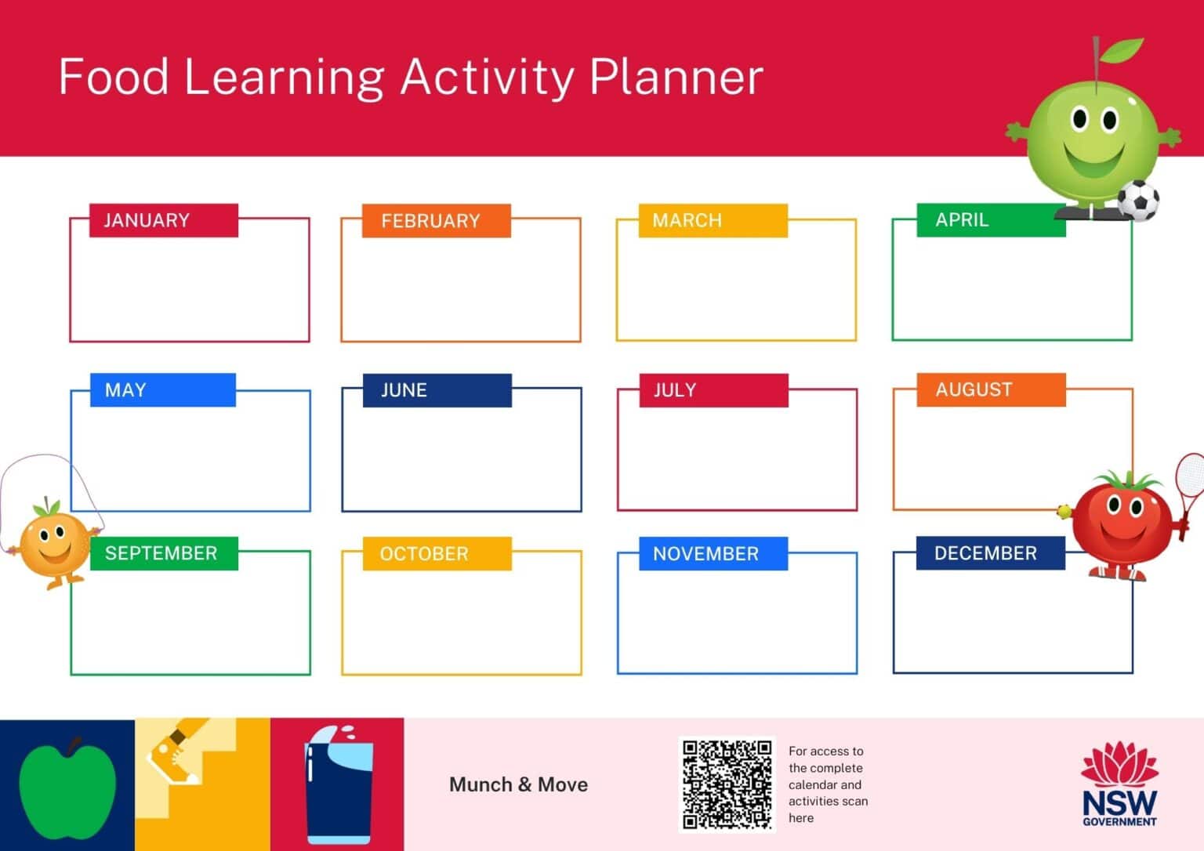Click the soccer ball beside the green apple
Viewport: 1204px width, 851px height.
click(1138, 201)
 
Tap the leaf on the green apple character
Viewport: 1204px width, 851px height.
click(1120, 51)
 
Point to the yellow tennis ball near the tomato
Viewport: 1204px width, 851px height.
click(1064, 512)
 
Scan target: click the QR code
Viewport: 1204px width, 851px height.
click(726, 784)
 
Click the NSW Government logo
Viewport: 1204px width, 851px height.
click(1119, 784)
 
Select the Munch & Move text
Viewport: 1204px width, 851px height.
click(518, 784)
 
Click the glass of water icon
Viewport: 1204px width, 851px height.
click(338, 785)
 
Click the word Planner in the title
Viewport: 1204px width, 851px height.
click(676, 78)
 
